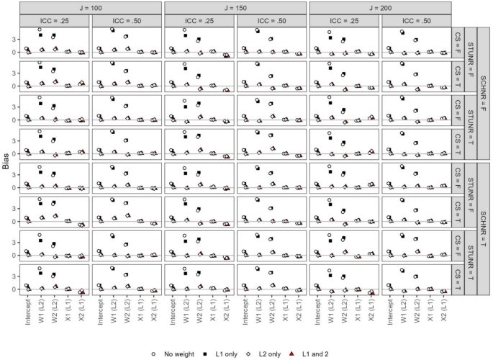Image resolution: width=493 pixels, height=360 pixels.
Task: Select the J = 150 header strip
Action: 236,6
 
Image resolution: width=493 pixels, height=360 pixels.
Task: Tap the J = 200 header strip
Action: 381,6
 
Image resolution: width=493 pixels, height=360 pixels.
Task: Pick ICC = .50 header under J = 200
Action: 417,19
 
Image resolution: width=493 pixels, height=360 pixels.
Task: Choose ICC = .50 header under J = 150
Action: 272,19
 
